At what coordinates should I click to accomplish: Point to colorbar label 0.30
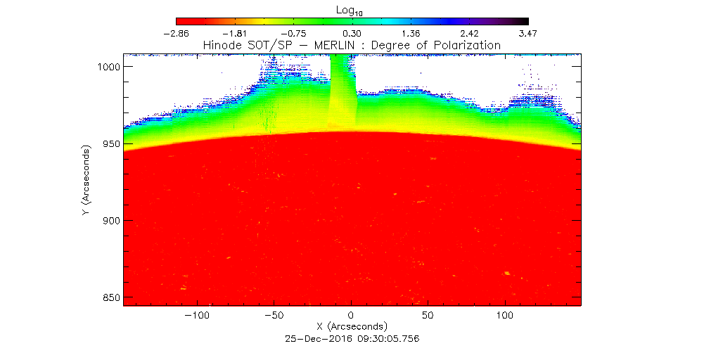352,33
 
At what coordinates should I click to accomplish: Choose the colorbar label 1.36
410,33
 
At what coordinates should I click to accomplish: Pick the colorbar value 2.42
469,33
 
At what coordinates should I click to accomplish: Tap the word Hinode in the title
222,45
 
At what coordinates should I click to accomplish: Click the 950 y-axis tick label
108,143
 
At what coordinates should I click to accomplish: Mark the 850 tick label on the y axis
108,297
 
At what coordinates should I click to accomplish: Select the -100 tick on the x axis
198,316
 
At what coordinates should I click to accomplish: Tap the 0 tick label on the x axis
352,316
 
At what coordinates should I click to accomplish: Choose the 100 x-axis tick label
505,316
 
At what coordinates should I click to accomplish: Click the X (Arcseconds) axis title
352,327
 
